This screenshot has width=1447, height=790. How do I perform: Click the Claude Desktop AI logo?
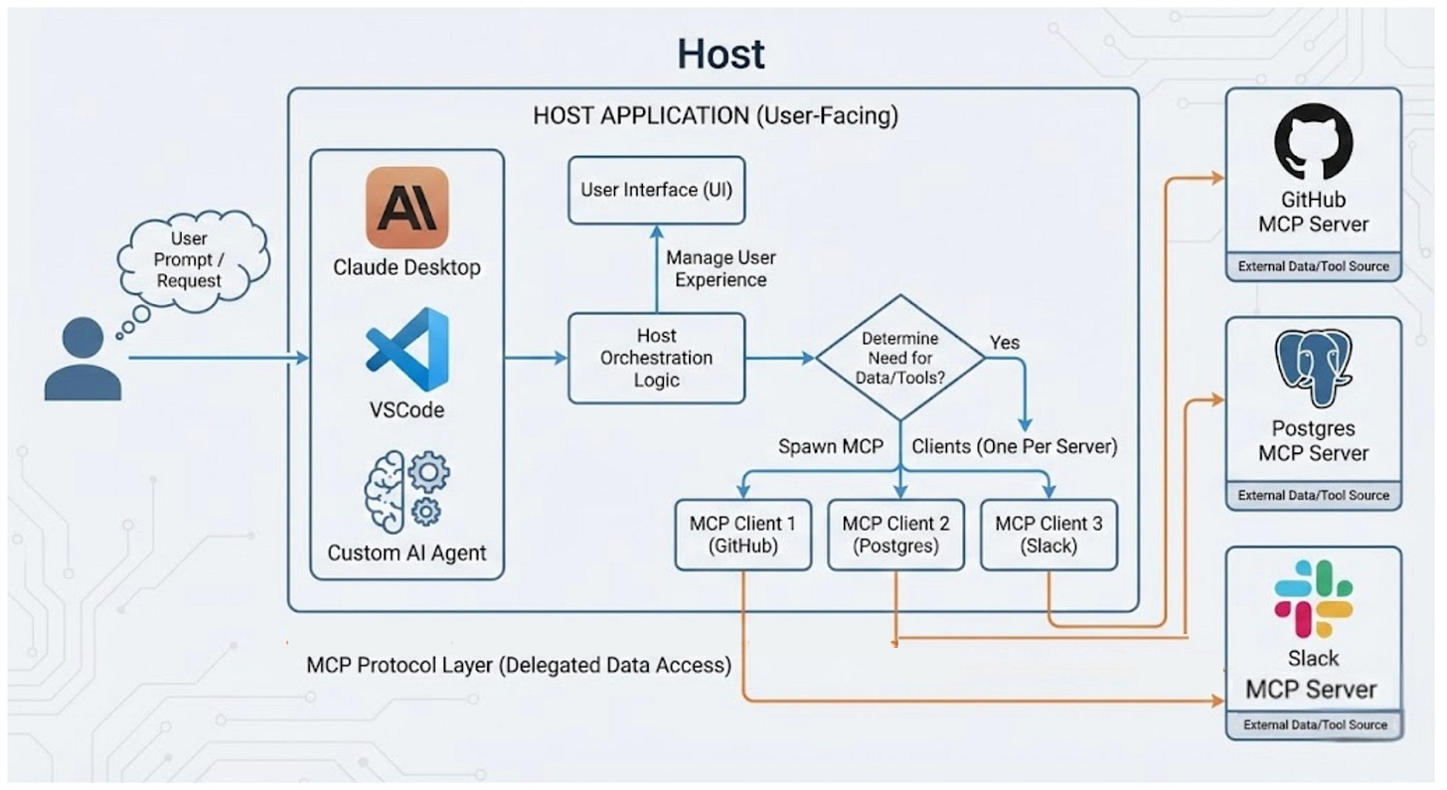(406, 207)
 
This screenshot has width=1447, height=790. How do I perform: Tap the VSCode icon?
(407, 350)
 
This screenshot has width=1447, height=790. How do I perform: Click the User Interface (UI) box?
(656, 189)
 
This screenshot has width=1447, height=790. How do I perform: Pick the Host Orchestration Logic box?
(656, 358)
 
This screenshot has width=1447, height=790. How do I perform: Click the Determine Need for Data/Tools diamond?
(900, 357)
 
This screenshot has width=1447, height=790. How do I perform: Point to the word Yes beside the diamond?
(1005, 343)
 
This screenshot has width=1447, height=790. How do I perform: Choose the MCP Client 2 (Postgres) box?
(895, 535)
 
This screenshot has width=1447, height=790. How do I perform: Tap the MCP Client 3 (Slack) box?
(1048, 535)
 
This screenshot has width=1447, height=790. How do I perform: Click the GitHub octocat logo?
(1313, 141)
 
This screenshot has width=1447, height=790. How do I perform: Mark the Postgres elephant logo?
(1313, 369)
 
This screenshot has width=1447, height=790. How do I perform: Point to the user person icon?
(82, 359)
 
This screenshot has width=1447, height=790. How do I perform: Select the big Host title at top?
(722, 54)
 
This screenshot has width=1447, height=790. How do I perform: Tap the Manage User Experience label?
(721, 268)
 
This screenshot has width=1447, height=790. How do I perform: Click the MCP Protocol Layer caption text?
(519, 665)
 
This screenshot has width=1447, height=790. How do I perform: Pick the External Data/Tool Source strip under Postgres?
(1313, 495)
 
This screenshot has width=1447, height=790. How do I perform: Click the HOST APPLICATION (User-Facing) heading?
(715, 115)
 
